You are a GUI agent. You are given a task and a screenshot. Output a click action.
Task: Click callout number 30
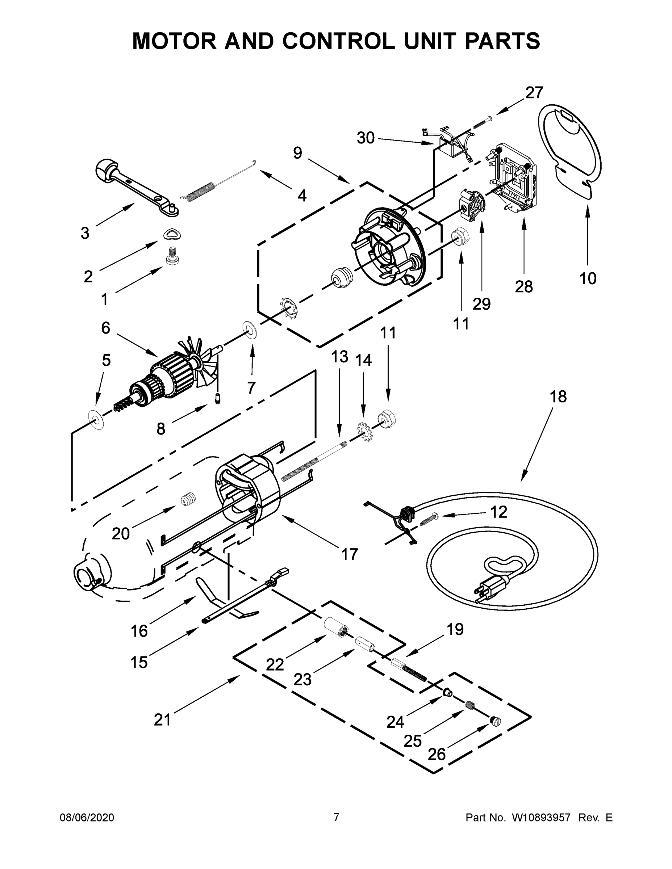coord(365,138)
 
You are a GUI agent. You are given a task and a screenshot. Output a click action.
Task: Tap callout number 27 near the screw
coord(534,92)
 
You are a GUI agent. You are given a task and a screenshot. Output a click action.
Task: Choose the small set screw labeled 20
coord(188,499)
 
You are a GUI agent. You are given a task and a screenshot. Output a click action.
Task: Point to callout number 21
coord(162,719)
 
